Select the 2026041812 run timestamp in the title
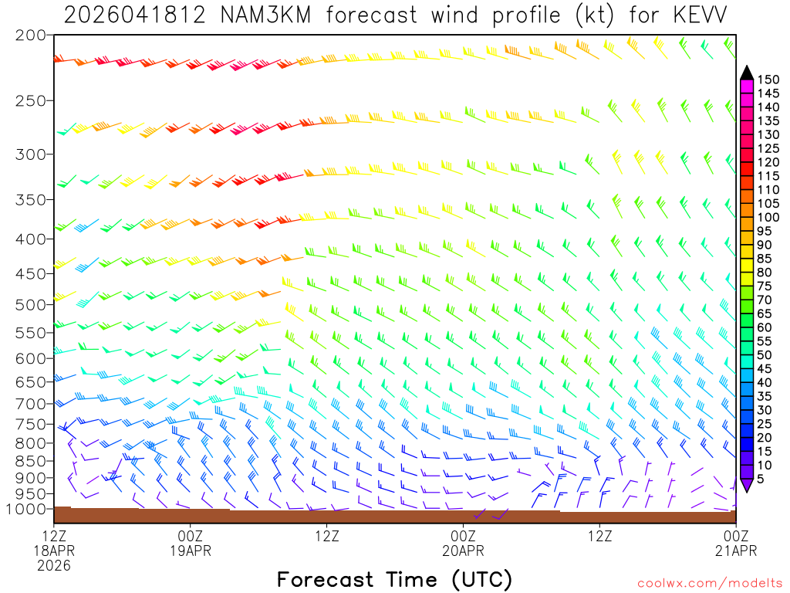click(134, 15)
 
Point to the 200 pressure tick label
click(31, 36)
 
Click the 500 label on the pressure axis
click(31, 304)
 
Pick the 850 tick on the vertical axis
click(31, 461)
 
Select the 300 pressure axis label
click(31, 154)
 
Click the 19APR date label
click(191, 551)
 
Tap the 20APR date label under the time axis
click(463, 551)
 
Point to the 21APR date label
click(735, 551)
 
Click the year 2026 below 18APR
click(54, 565)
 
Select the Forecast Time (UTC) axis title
click(394, 579)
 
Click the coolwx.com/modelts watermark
click(710, 582)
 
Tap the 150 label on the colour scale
click(768, 79)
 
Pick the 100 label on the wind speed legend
click(768, 218)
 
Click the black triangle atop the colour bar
click(747, 73)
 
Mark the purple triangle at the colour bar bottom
click(747, 485)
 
